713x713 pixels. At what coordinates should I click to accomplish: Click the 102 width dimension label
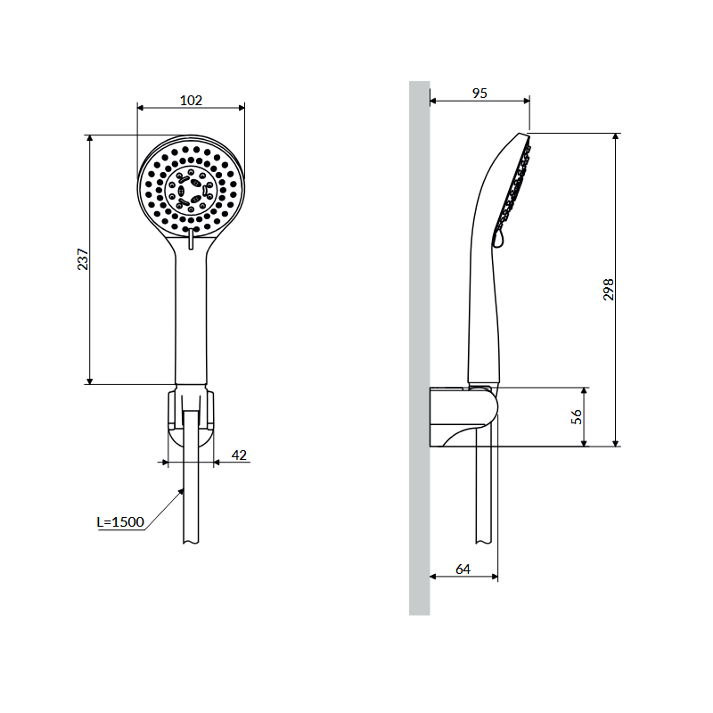(x=191, y=100)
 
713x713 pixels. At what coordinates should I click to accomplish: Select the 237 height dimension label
(x=83, y=259)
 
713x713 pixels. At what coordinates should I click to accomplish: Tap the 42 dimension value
(x=239, y=455)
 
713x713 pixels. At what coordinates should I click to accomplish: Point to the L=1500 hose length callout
(x=120, y=521)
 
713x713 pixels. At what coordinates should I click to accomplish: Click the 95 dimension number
(x=479, y=94)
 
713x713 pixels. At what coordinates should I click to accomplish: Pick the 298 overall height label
(x=609, y=289)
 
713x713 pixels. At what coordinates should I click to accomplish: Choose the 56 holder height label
(x=576, y=416)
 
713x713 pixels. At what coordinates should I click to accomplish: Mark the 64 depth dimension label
(x=463, y=569)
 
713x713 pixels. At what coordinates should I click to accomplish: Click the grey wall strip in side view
(x=419, y=348)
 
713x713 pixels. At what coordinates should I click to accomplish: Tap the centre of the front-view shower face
(x=191, y=189)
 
